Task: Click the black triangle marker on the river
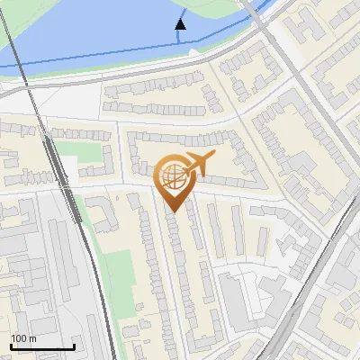coord(181,24)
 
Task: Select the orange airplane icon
coord(197,165)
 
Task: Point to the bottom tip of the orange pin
coord(172,211)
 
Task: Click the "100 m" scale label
coord(24,338)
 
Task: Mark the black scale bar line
coord(42,346)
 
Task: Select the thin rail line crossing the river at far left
coord(20,45)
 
